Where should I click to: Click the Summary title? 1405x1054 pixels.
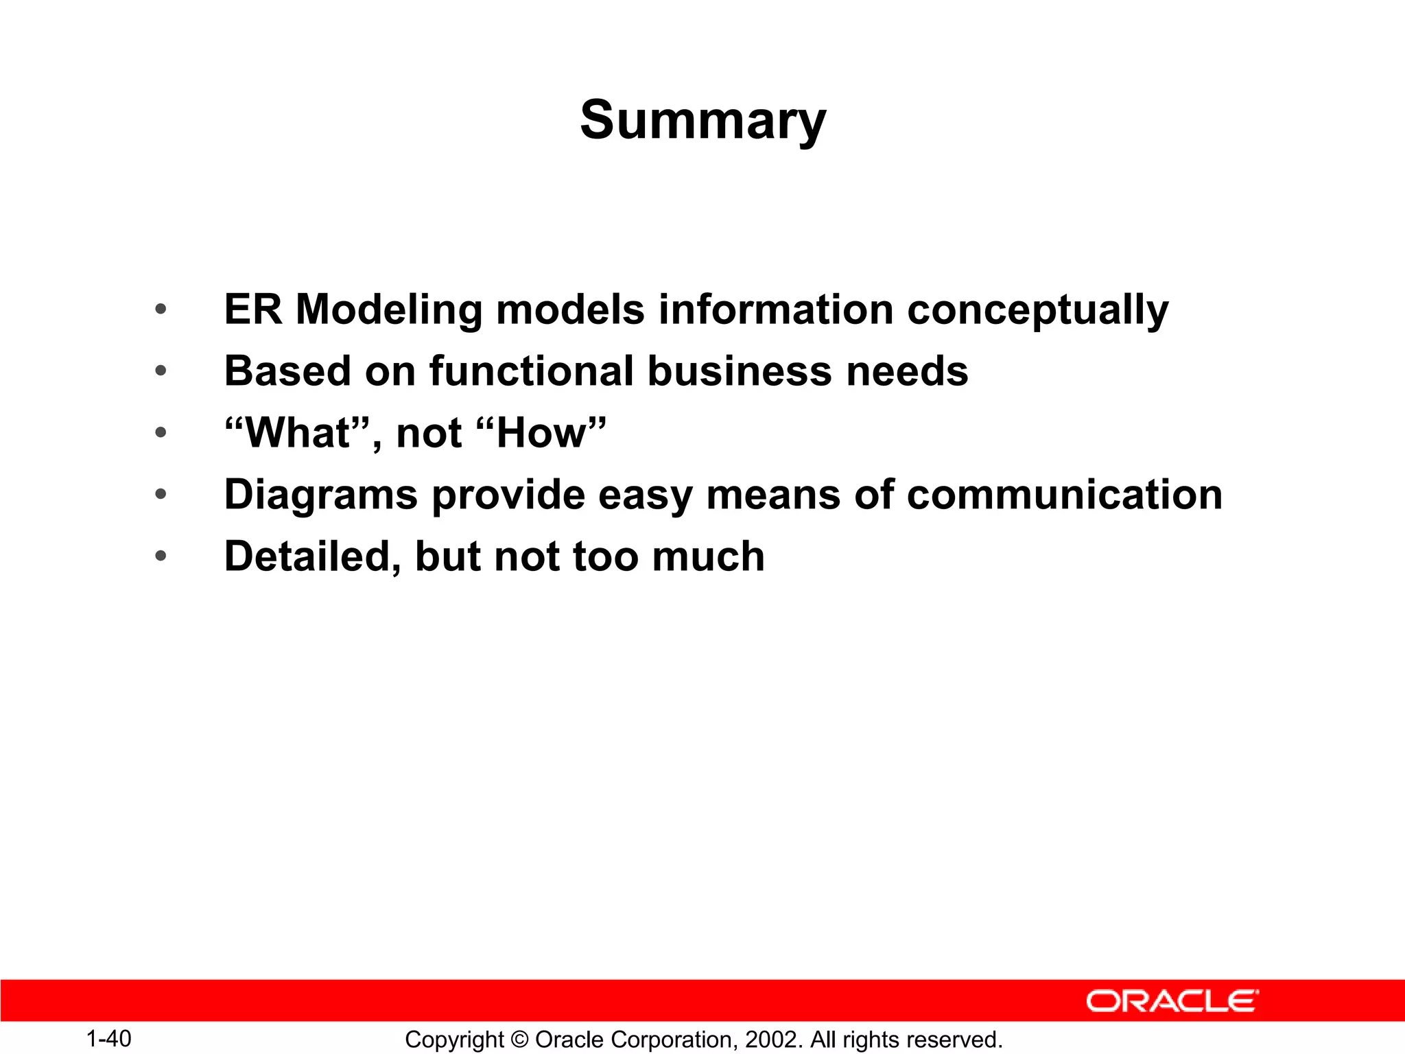pyautogui.click(x=703, y=120)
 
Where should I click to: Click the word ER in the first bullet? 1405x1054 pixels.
pyautogui.click(x=252, y=309)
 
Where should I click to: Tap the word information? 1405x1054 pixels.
pyautogui.click(x=775, y=309)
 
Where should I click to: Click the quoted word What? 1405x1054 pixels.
pyautogui.click(x=297, y=433)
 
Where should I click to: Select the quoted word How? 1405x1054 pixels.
pyautogui.click(x=542, y=433)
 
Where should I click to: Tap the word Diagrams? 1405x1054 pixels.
pyautogui.click(x=320, y=495)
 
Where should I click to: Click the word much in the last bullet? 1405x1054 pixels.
pyautogui.click(x=708, y=557)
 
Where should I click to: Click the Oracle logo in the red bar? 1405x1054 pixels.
pyautogui.click(x=1172, y=1001)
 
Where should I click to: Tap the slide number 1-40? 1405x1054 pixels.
pyautogui.click(x=108, y=1039)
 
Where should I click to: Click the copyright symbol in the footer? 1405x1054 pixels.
pyautogui.click(x=519, y=1040)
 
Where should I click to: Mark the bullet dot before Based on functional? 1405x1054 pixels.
pyautogui.click(x=161, y=371)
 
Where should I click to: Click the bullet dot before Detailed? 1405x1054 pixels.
pyautogui.click(x=161, y=556)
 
